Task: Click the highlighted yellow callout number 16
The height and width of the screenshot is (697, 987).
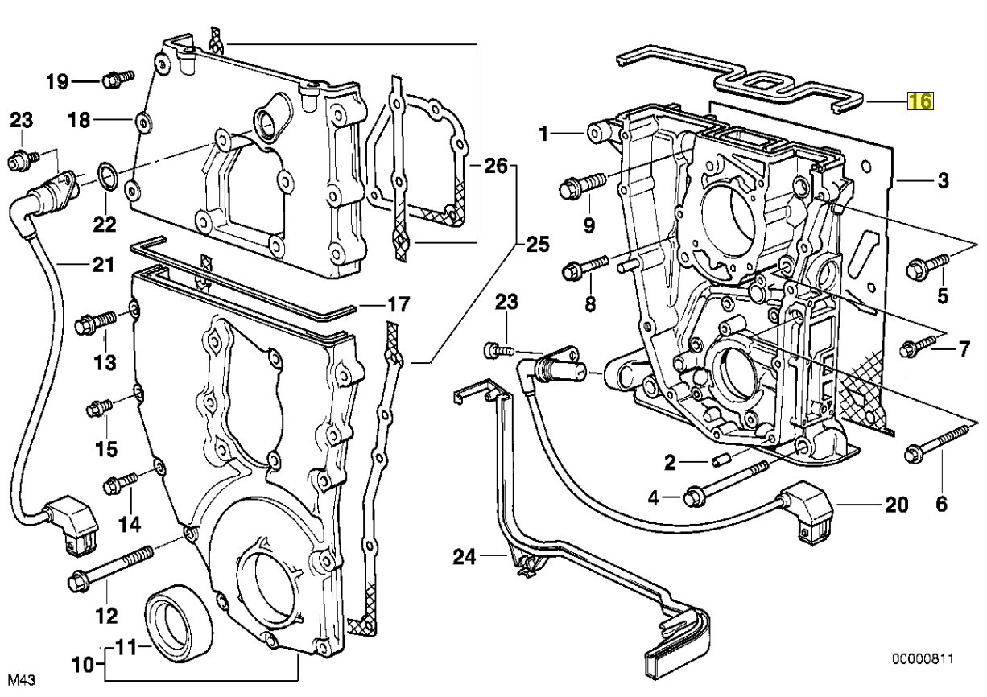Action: pos(920,101)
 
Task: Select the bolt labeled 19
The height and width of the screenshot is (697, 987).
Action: pos(118,79)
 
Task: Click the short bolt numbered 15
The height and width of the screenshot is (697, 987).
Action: pos(99,407)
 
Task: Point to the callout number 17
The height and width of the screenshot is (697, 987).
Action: pos(398,306)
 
